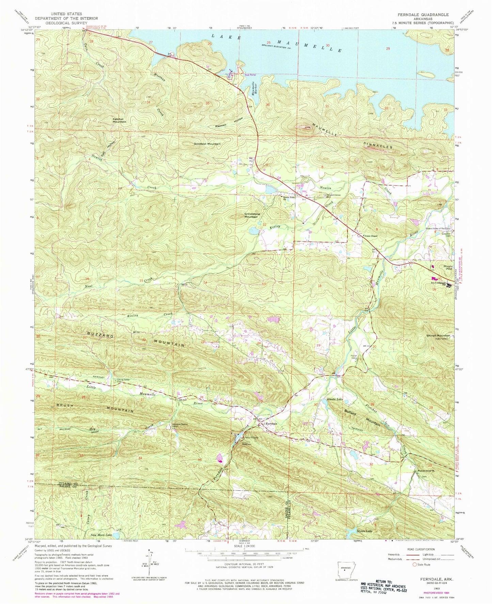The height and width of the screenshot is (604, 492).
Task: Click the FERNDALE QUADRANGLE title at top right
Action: click(424, 15)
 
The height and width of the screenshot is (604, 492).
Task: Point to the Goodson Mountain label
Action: click(207, 144)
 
